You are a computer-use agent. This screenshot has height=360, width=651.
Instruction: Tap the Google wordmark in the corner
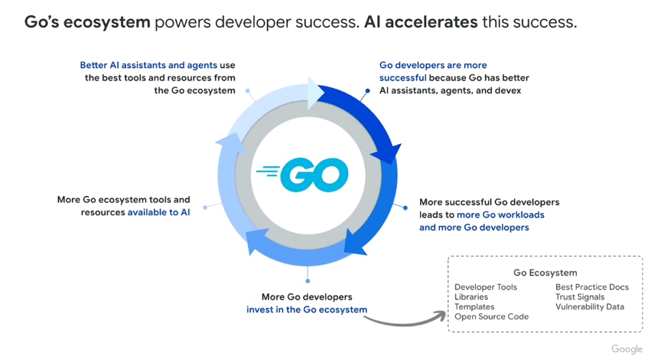pos(627,349)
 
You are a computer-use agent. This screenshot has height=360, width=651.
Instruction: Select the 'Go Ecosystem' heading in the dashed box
pos(545,273)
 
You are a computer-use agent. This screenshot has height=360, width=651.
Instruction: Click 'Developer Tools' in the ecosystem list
pos(486,287)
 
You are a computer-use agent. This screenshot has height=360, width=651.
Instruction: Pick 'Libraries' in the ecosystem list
pos(471,297)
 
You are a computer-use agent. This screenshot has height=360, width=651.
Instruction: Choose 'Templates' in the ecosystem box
pos(474,306)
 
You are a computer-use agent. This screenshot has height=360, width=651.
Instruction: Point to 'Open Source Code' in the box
pos(491,316)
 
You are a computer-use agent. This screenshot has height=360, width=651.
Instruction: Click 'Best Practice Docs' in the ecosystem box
pos(592,287)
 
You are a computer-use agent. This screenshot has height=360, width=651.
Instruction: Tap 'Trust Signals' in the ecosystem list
pos(580,297)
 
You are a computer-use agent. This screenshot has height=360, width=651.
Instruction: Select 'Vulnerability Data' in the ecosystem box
pos(590,306)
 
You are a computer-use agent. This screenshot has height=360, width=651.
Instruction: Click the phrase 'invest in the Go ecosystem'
pos(307,309)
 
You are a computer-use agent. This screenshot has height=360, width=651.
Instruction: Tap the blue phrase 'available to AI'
pos(159,212)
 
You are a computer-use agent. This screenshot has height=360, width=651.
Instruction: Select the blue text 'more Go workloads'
pos(500,215)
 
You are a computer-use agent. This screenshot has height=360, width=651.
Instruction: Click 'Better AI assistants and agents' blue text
pos(148,65)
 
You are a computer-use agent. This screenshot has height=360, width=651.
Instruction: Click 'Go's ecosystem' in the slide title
pos(87,23)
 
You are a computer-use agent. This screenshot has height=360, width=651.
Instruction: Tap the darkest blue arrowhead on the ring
pos(386,153)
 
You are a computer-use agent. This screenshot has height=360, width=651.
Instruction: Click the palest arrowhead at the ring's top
pos(315,92)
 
